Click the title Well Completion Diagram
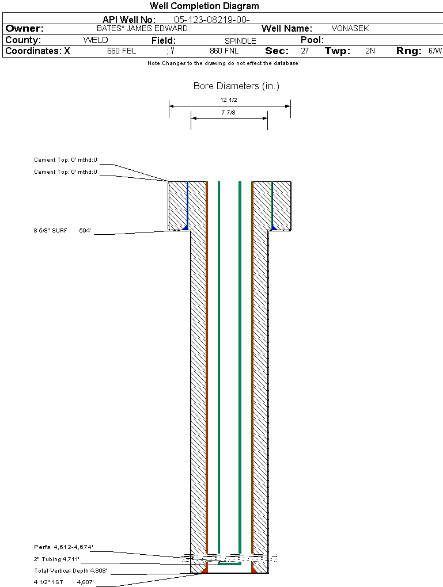(205, 6)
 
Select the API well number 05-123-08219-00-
(212, 20)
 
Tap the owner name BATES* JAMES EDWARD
(142, 28)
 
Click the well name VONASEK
(350, 28)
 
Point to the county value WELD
(96, 40)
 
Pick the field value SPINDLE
(240, 41)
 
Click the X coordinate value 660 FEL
(122, 51)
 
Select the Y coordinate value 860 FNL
(224, 51)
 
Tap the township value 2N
(370, 51)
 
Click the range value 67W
(435, 51)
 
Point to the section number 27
(305, 51)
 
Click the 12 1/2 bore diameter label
(229, 100)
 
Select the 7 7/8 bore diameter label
(228, 112)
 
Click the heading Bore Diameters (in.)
(237, 86)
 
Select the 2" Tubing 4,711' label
(56, 559)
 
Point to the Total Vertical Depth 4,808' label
(70, 570)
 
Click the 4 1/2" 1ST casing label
(48, 582)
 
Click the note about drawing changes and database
(223, 63)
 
